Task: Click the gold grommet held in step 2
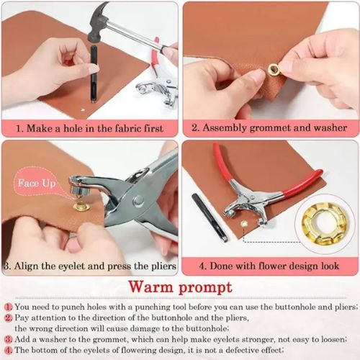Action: (274, 69)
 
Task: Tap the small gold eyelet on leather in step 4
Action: (243, 225)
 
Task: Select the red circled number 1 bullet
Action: (6, 306)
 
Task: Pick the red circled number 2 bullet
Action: (6, 317)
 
